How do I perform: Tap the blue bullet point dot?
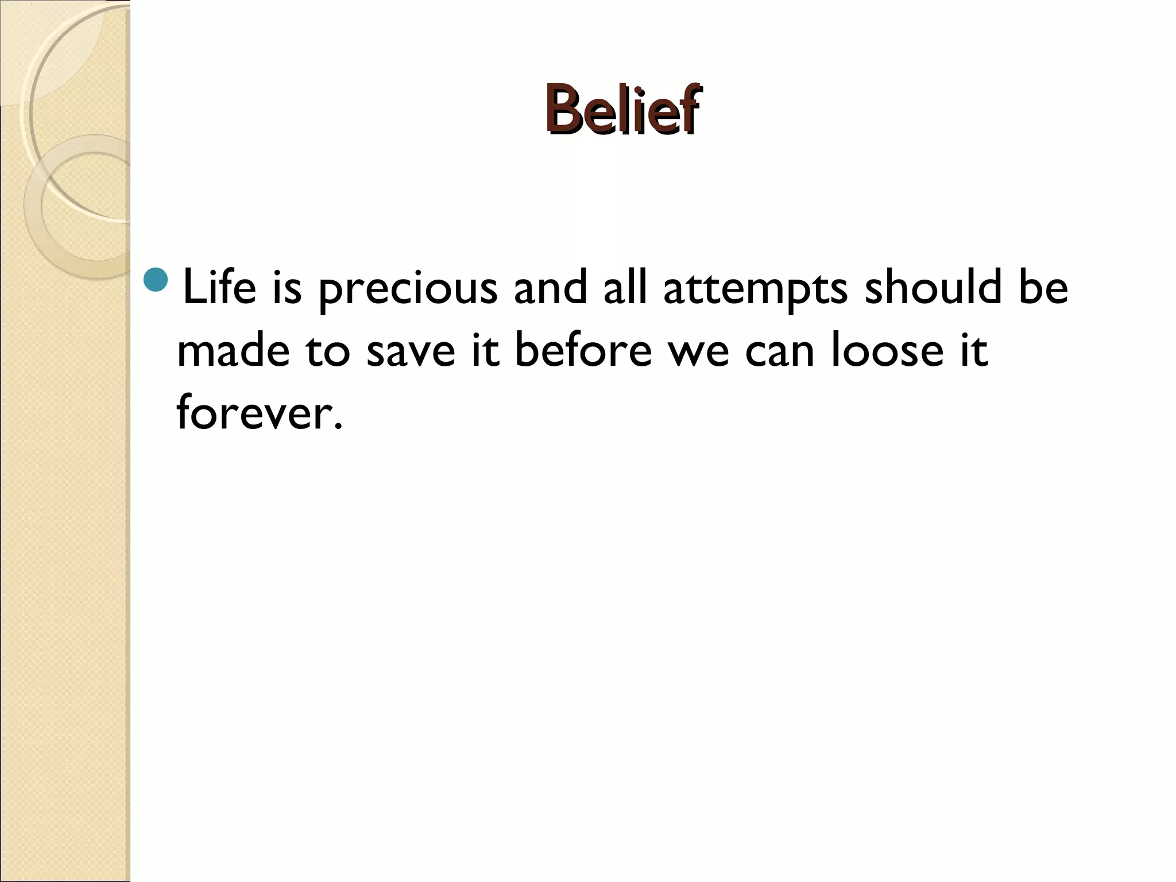pyautogui.click(x=154, y=280)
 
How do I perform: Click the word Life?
pyautogui.click(x=219, y=287)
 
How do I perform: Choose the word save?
pyautogui.click(x=410, y=351)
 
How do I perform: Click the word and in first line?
pyautogui.click(x=550, y=287)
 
